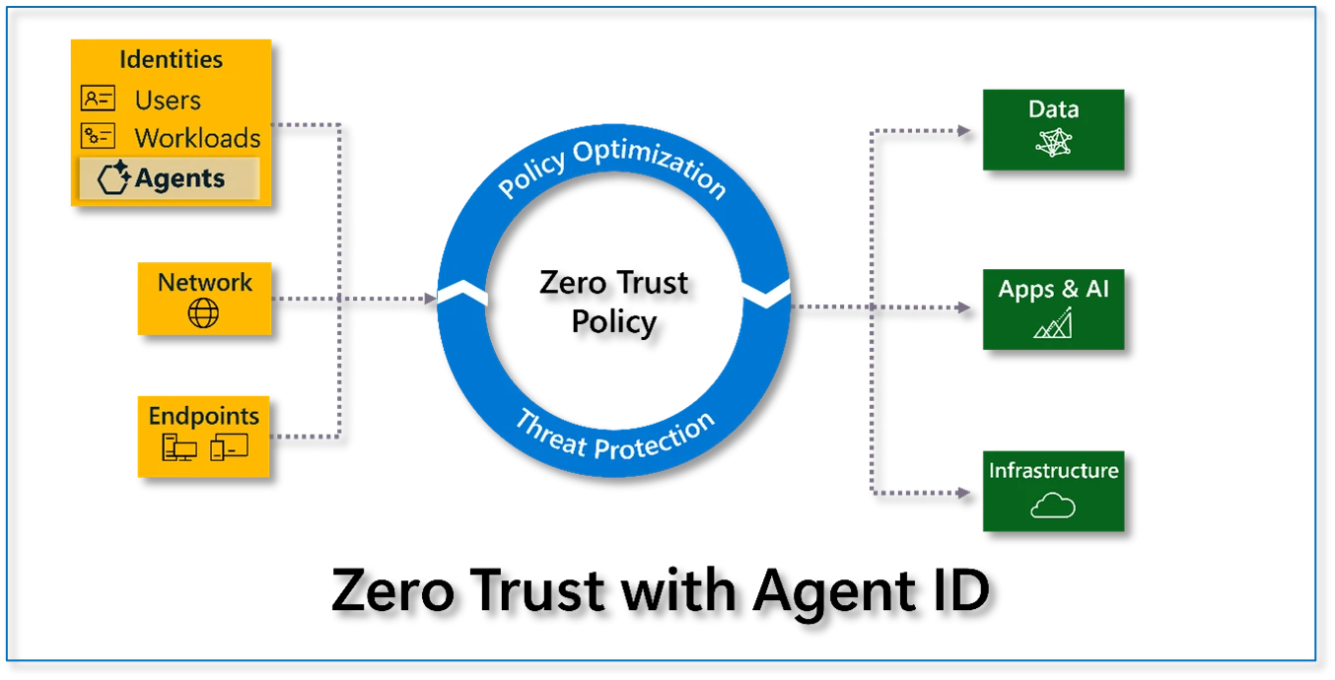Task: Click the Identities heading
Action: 171,59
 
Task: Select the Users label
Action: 168,101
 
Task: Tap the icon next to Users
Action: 98,99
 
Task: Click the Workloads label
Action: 197,138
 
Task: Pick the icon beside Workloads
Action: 98,136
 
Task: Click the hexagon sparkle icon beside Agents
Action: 114,177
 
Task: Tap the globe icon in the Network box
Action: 203,313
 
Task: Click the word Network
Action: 205,283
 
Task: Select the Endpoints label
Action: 204,416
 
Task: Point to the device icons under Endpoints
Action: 204,447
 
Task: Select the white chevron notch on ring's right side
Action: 764,292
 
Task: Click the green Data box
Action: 1053,129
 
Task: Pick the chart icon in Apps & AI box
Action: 1052,322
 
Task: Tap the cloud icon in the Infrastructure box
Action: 1052,507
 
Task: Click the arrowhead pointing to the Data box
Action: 963,129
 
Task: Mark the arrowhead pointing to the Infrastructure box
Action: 963,491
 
